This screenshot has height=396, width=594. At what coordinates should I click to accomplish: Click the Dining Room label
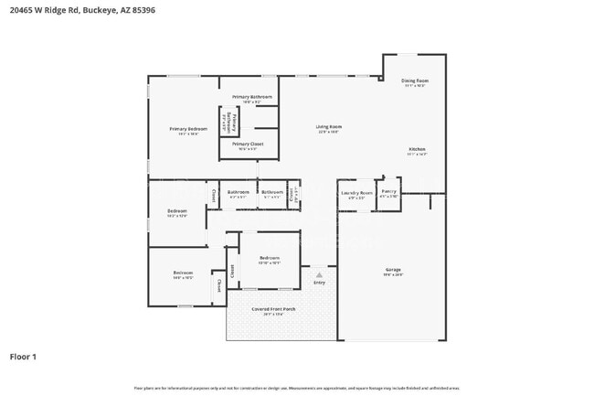[x=415, y=80]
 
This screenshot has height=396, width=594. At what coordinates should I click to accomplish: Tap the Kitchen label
[x=417, y=149]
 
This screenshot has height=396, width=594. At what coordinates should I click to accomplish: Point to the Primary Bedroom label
[x=188, y=129]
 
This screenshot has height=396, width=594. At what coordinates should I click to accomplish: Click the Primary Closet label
[x=248, y=144]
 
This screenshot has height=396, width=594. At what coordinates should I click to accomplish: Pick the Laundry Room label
[x=356, y=193]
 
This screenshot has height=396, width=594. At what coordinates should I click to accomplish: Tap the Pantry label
[x=388, y=192]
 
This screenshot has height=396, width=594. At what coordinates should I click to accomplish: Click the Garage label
[x=393, y=270]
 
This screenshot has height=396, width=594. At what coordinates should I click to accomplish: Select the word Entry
[x=319, y=283]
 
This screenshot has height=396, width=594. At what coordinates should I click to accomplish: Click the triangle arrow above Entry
[x=319, y=273]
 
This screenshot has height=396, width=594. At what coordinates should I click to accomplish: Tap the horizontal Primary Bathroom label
[x=251, y=96]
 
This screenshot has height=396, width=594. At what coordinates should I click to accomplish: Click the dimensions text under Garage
[x=393, y=275]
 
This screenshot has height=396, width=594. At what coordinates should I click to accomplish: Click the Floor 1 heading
[x=23, y=357]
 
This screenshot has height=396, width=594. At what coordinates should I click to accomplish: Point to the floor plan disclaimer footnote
[x=297, y=388]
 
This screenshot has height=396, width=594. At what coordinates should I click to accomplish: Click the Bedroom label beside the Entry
[x=269, y=258]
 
